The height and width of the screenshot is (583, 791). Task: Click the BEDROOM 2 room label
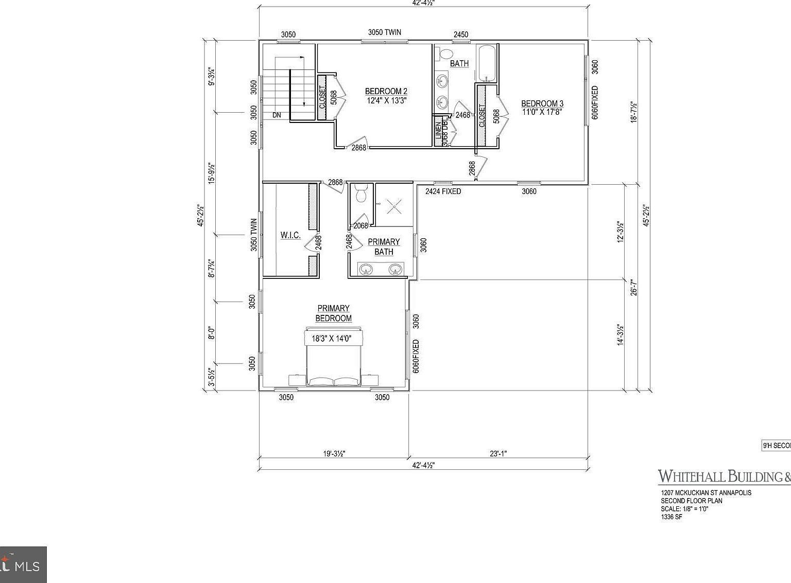tap(386, 92)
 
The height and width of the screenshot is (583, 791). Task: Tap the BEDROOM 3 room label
tap(542, 103)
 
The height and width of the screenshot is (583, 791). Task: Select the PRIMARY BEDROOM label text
tap(333, 313)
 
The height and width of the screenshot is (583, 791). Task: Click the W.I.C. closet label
tap(290, 236)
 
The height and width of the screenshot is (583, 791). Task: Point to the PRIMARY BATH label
tap(384, 246)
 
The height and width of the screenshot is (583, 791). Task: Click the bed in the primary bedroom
tap(334, 360)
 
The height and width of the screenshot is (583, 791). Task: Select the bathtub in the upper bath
tap(487, 63)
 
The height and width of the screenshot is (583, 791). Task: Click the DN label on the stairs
tap(277, 115)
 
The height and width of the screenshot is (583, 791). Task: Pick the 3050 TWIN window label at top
tap(384, 32)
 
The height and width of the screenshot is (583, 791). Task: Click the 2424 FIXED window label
tap(443, 191)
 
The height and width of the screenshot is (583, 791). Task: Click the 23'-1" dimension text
tap(498, 453)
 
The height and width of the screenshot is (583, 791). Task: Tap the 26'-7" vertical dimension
tap(634, 287)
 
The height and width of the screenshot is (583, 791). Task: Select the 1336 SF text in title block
tap(672, 517)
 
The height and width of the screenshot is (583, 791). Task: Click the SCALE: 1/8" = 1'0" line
tap(684, 509)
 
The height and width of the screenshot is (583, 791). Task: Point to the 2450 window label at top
tap(460, 34)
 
